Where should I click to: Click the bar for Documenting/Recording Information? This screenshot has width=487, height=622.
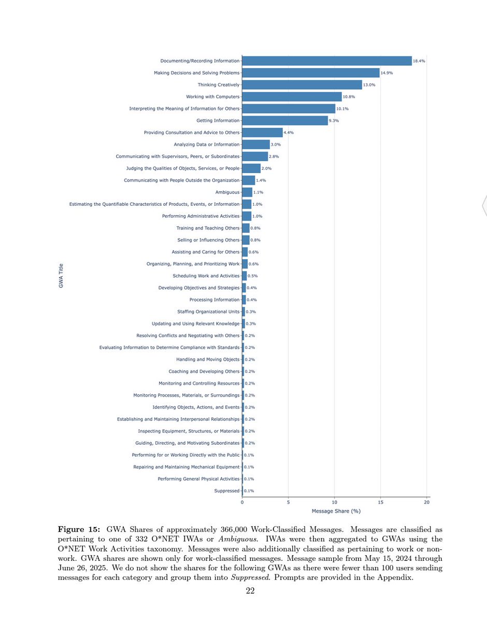pyautogui.click(x=326, y=61)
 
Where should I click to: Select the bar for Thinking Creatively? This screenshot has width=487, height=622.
pyautogui.click(x=302, y=85)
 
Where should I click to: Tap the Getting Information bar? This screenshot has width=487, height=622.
pyautogui.click(x=284, y=121)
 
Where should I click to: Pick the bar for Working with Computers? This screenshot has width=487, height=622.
pyautogui.click(x=292, y=97)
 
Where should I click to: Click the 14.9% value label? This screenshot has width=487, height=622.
pyautogui.click(x=387, y=73)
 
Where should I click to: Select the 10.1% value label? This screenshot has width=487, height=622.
pyautogui.click(x=343, y=109)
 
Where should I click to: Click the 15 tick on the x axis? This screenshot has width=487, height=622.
pyautogui.click(x=381, y=502)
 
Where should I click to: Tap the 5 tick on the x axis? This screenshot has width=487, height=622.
pyautogui.click(x=288, y=502)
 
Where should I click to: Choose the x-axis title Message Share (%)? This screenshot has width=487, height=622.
pyautogui.click(x=336, y=511)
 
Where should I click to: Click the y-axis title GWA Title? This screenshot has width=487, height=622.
pyautogui.click(x=61, y=276)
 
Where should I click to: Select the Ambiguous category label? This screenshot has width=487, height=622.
pyautogui.click(x=227, y=192)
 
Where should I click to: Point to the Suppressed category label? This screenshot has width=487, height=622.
pyautogui.click(x=227, y=491)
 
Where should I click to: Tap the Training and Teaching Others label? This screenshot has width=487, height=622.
pyautogui.click(x=208, y=228)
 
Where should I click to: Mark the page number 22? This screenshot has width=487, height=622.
pyautogui.click(x=251, y=591)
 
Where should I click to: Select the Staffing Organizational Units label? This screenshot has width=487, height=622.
pyautogui.click(x=208, y=312)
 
